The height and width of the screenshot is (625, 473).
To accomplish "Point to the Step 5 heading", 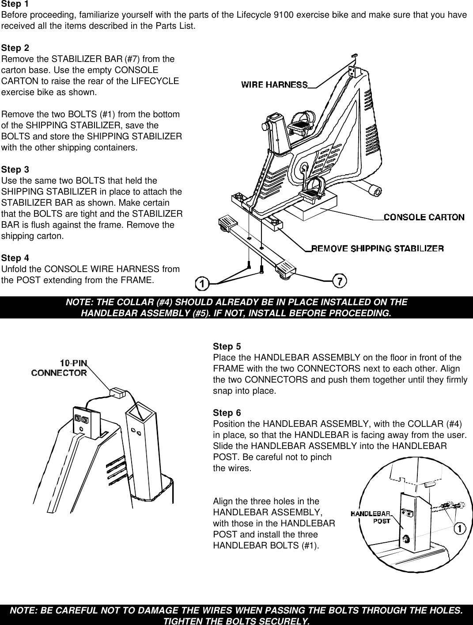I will point(227,346).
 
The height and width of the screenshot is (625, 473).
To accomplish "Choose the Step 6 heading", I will point(227,413).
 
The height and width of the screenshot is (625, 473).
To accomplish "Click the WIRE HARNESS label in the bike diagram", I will point(274,84).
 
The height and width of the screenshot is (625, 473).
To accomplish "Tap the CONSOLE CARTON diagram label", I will point(424,217).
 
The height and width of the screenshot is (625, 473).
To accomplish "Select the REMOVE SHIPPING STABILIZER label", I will point(378,248).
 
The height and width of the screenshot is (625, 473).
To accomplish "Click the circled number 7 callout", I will point(339,280).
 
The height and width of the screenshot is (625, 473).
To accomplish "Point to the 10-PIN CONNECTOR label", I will point(59,368).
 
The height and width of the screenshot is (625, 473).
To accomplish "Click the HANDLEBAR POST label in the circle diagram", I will point(371,518).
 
